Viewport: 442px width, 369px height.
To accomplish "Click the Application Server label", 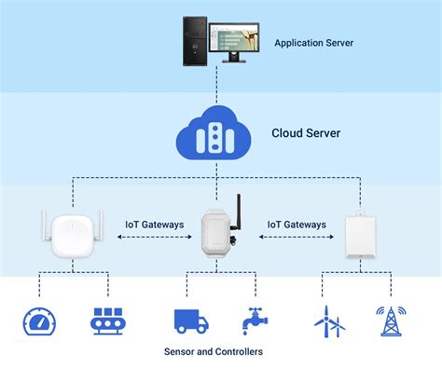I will (x=313, y=43).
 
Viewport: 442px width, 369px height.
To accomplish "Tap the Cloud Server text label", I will (x=305, y=133).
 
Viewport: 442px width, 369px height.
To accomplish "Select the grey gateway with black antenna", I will (x=218, y=234).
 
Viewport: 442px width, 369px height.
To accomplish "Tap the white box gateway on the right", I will (x=360, y=235).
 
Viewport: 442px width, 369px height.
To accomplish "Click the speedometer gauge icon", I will (x=40, y=320).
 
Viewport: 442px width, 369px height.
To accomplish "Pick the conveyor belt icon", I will (x=108, y=320).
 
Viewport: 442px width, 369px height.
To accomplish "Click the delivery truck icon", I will (x=191, y=320).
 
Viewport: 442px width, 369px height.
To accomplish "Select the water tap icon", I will (x=254, y=320).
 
